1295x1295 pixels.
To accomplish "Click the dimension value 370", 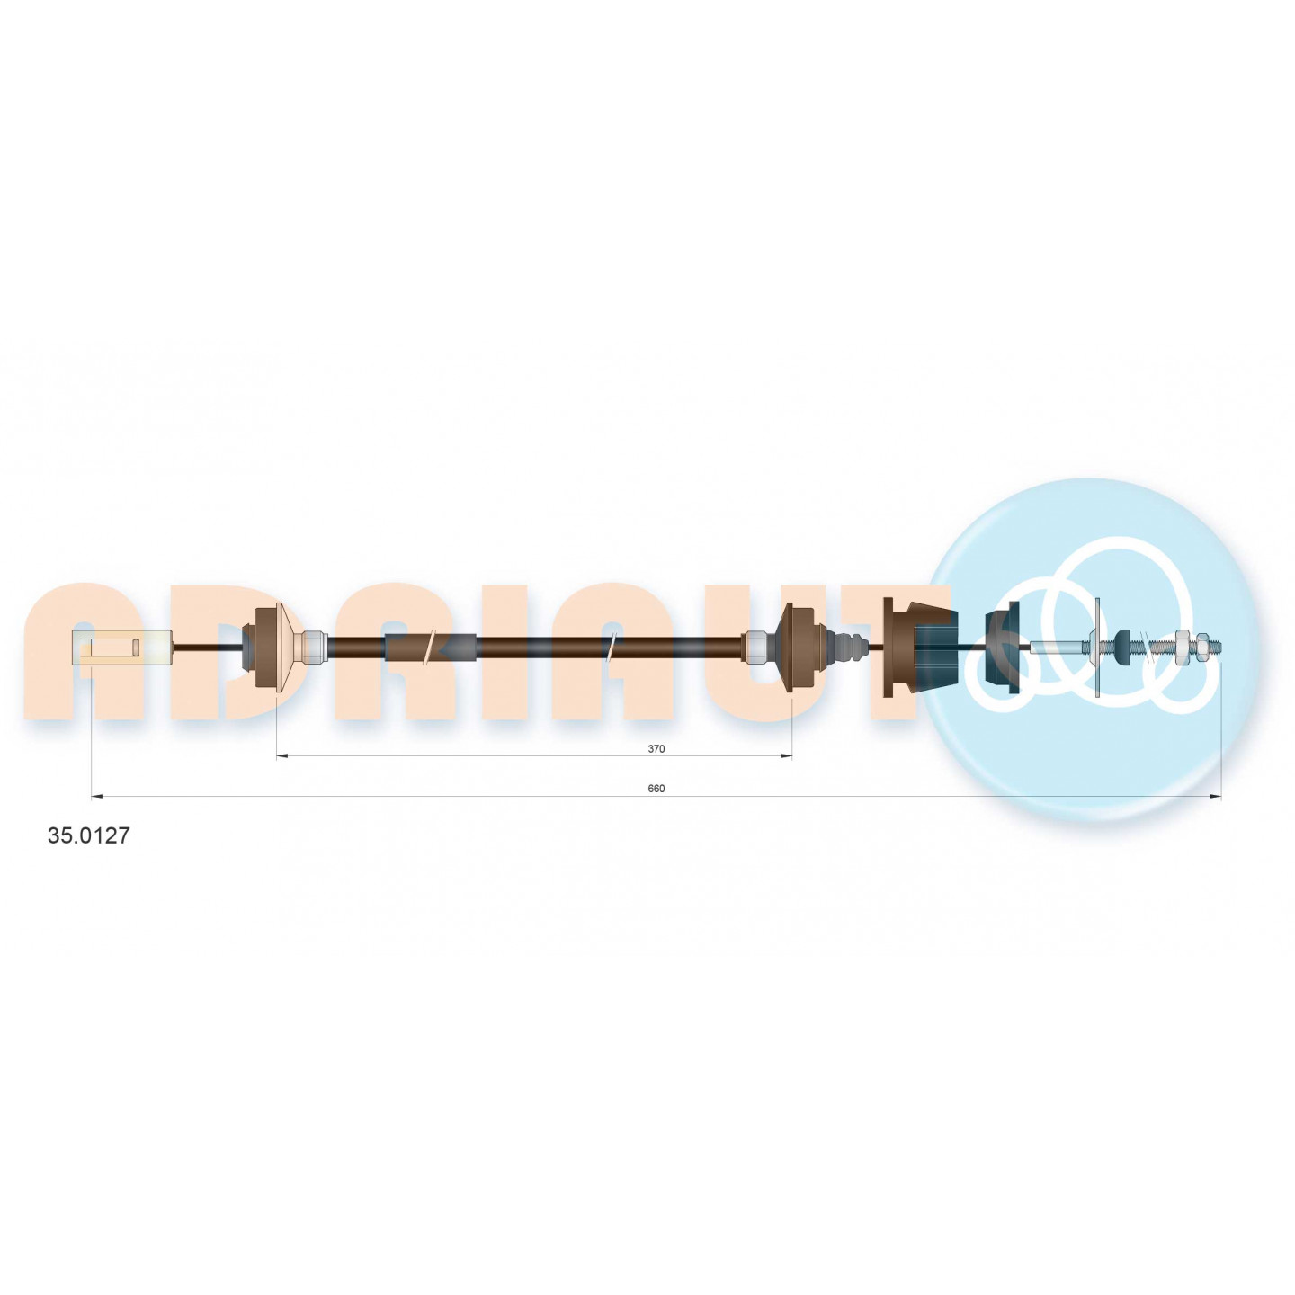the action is pyautogui.click(x=656, y=748).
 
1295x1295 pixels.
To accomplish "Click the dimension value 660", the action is pyautogui.click(x=656, y=789).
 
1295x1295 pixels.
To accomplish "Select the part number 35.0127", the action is pyautogui.click(x=87, y=836).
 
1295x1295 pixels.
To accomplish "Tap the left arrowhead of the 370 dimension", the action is pyautogui.click(x=282, y=756).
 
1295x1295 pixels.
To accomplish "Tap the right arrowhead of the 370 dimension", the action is pyautogui.click(x=786, y=756).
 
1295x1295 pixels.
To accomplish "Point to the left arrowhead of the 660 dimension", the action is pyautogui.click(x=96, y=797).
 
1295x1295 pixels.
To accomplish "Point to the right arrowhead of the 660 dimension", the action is pyautogui.click(x=1214, y=797).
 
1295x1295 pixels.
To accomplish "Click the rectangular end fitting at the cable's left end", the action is pyautogui.click(x=121, y=647).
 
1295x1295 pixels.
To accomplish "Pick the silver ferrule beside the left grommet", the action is pyautogui.click(x=313, y=647).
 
